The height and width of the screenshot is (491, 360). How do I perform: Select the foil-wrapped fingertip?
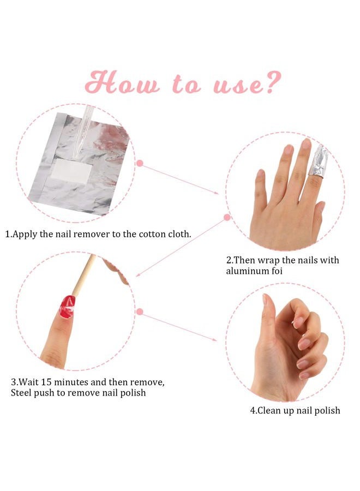pyautogui.click(x=318, y=162)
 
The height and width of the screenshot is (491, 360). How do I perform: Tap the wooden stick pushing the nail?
pyautogui.click(x=84, y=275)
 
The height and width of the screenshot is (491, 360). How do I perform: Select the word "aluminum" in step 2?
pyautogui.click(x=247, y=271)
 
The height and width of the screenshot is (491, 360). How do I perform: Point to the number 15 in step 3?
pyautogui.click(x=47, y=382)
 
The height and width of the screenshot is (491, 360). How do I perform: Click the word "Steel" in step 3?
pyautogui.click(x=21, y=393)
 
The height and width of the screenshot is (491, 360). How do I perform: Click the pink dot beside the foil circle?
pyautogui.click(x=140, y=163)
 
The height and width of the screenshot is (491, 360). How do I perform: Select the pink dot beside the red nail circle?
pyautogui.click(x=140, y=312)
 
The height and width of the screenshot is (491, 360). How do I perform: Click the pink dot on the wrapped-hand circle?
pyautogui.click(x=227, y=217)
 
